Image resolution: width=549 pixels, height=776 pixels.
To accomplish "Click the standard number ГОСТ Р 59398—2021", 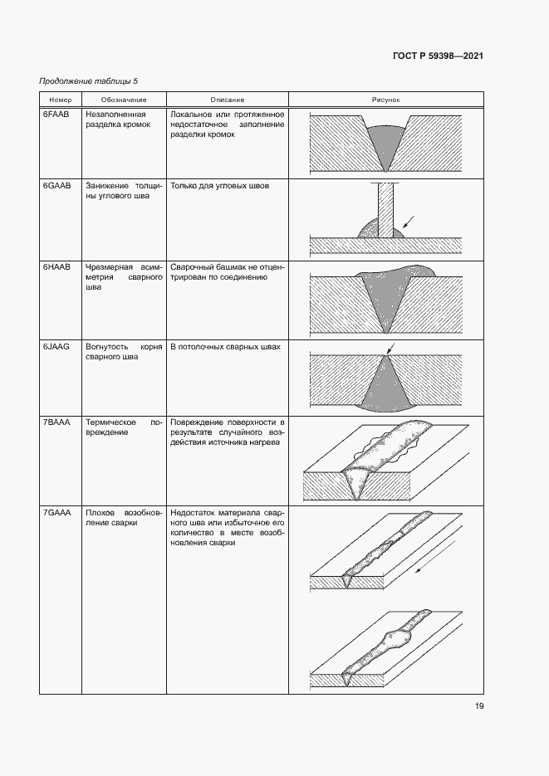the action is (438, 56).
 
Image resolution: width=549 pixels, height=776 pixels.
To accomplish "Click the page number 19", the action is (479, 706).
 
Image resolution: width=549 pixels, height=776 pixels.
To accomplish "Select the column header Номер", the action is (61, 100).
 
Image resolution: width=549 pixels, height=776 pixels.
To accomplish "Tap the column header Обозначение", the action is (124, 100).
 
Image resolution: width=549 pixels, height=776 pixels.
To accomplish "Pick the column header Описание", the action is (227, 100).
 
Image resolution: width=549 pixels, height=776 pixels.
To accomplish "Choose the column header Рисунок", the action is (386, 100).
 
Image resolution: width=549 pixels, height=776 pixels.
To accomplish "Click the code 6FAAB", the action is (57, 114).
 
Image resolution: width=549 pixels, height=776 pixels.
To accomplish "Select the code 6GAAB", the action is (57, 187).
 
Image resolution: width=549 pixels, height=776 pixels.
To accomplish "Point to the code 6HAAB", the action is (57, 268).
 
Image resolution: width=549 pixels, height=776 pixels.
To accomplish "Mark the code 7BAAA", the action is (57, 422).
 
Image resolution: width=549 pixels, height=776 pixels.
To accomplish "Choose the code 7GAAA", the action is (57, 513).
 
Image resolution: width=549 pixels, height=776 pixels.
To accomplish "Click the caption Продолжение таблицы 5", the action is (89, 81).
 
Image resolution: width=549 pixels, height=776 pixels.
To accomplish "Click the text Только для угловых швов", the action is (219, 187).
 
